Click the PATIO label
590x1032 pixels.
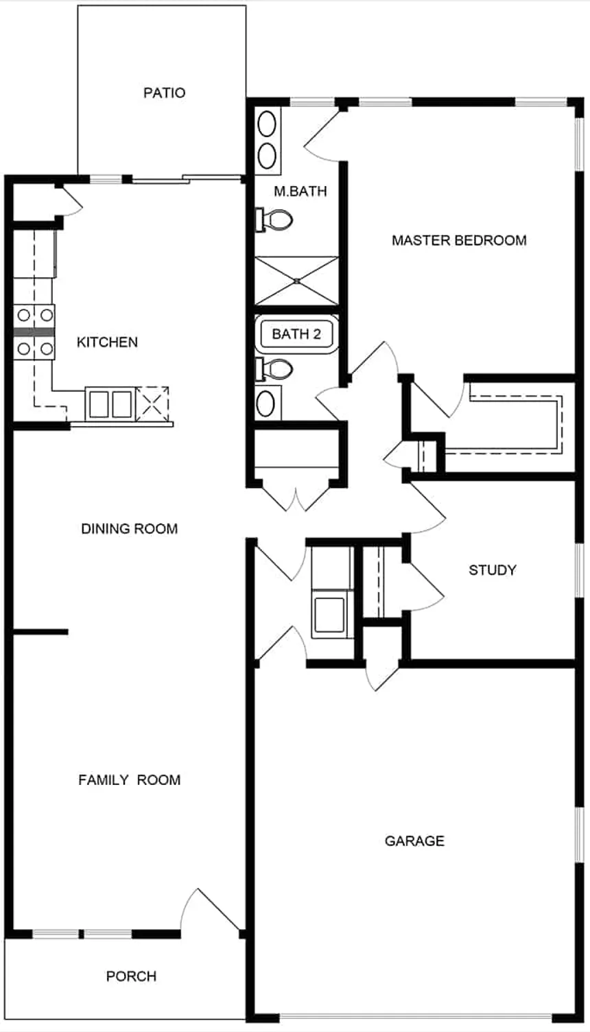[165, 93]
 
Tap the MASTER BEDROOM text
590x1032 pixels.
[459, 240]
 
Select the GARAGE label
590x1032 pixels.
[414, 841]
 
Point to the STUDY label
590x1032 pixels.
[493, 570]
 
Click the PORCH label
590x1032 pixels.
[131, 976]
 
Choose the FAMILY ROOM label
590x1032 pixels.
[130, 780]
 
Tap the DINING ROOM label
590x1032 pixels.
[130, 528]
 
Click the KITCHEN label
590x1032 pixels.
[107, 342]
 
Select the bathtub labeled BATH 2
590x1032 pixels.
[296, 334]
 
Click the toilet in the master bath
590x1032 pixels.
[274, 220]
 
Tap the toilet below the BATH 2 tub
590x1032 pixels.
[274, 369]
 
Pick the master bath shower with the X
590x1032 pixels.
[296, 281]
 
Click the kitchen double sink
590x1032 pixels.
[110, 403]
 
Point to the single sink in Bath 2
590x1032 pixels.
[265, 403]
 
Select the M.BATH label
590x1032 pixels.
[300, 191]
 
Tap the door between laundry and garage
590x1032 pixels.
[382, 677]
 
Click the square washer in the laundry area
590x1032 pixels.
[329, 615]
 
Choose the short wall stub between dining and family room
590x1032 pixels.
[40, 632]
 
